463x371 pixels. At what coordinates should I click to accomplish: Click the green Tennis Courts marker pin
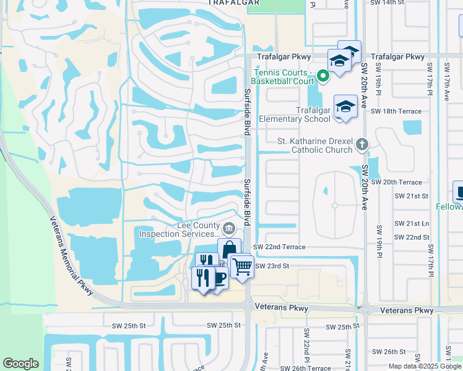tap(322, 77)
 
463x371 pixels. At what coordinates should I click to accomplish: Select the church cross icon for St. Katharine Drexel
tap(363, 145)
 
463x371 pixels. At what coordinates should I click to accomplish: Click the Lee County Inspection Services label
tap(180, 230)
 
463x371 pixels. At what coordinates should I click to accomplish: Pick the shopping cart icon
tap(242, 267)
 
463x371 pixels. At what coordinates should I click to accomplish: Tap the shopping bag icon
tap(229, 249)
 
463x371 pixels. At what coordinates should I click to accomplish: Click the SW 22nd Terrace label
tap(279, 247)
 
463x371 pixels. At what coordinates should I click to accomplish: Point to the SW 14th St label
tap(395, 3)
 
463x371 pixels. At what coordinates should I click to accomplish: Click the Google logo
tap(20, 364)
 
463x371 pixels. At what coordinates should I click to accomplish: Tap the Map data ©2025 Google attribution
tap(425, 366)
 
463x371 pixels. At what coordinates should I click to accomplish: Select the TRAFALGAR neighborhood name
tap(231, 3)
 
